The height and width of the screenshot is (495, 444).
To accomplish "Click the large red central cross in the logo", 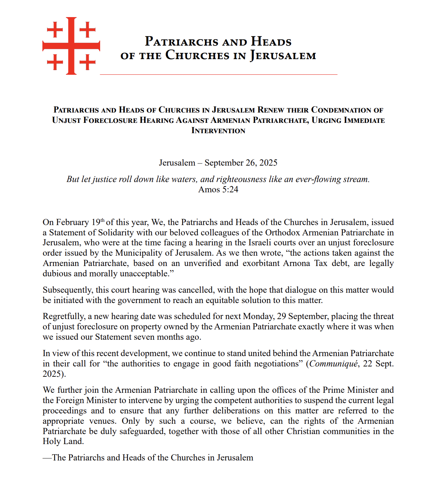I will [71, 46].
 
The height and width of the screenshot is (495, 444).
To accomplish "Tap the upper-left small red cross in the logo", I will [55, 30].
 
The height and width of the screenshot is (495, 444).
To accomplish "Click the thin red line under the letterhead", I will [218, 74].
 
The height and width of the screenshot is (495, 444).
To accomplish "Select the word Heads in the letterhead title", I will [271, 42].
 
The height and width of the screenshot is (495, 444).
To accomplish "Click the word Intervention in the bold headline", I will [218, 131].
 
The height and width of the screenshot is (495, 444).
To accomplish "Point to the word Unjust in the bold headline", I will [66, 120].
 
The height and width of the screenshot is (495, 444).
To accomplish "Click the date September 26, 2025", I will [241, 163].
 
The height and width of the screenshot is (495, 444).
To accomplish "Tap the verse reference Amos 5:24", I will [218, 189].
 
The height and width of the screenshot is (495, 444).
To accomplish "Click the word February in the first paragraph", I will [72, 222].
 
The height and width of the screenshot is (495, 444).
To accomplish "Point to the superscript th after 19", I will [102, 220].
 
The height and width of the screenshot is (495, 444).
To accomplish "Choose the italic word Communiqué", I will [334, 364].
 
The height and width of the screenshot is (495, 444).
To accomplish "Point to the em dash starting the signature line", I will [47, 458].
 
